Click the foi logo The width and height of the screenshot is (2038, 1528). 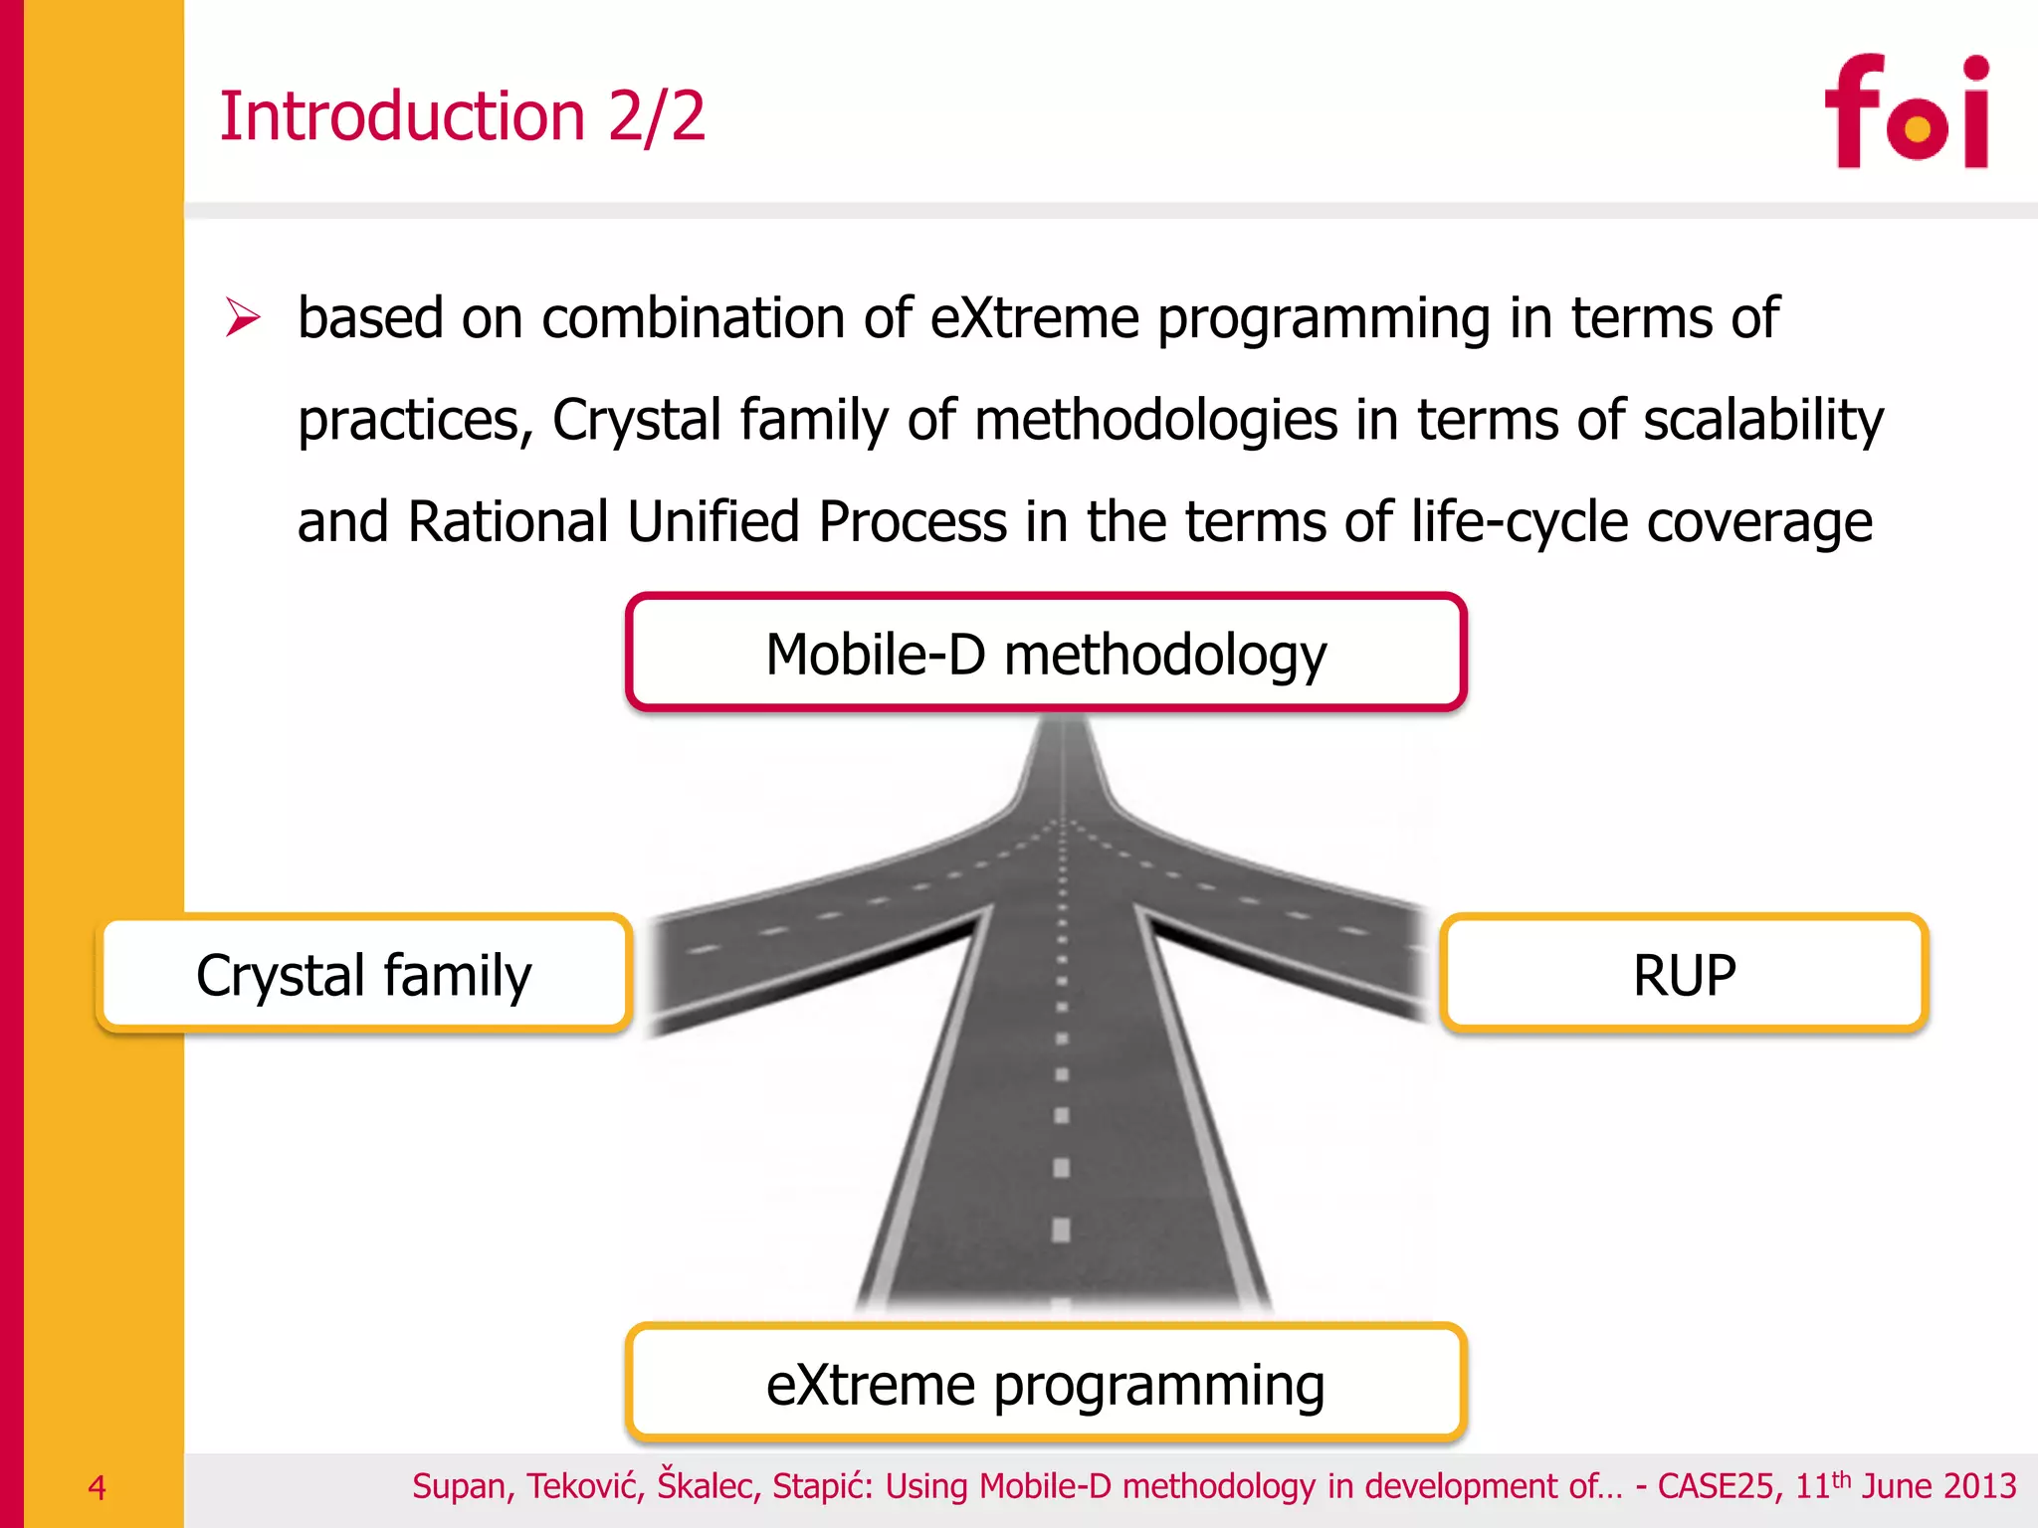[1907, 111]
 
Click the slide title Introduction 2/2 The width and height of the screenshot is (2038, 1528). [462, 116]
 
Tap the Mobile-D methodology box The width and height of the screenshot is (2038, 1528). [1046, 654]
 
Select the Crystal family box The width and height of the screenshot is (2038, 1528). [364, 974]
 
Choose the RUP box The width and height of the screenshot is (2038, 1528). [1684, 974]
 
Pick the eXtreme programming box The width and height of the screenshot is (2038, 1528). [1046, 1384]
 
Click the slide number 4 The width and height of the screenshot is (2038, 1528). [97, 1487]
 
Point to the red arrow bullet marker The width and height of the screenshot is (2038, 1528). [242, 317]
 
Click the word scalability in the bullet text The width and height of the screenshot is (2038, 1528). [1762, 420]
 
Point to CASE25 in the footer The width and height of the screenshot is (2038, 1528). [1716, 1486]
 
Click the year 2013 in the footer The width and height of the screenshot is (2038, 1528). [1980, 1486]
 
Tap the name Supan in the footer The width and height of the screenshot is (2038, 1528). [463, 1486]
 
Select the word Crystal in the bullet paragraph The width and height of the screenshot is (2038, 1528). [637, 420]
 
